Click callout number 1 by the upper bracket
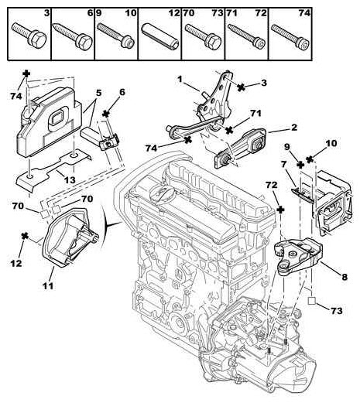179,79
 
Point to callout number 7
284,163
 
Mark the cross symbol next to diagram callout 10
309,159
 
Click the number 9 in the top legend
100,14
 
